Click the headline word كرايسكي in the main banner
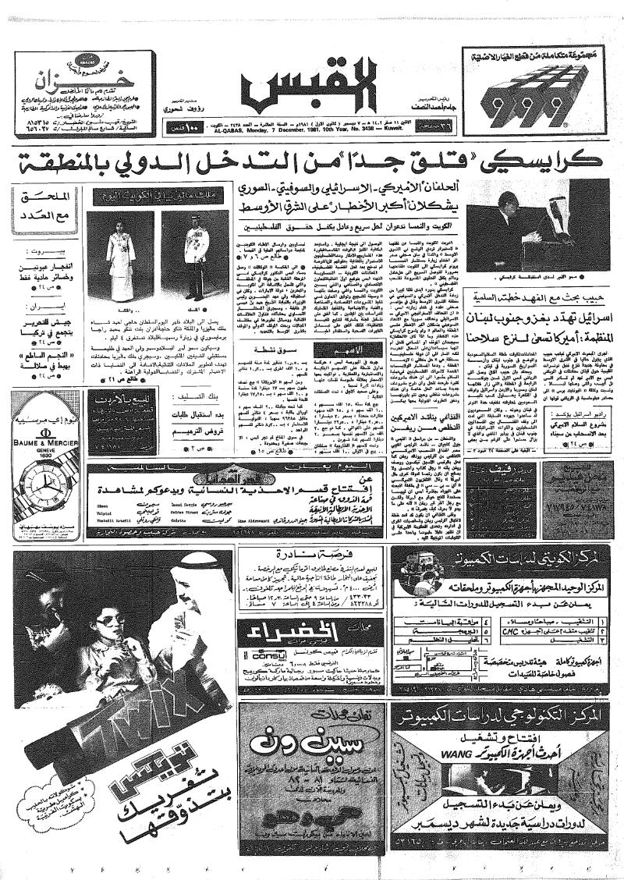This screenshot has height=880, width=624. click(x=548, y=165)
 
